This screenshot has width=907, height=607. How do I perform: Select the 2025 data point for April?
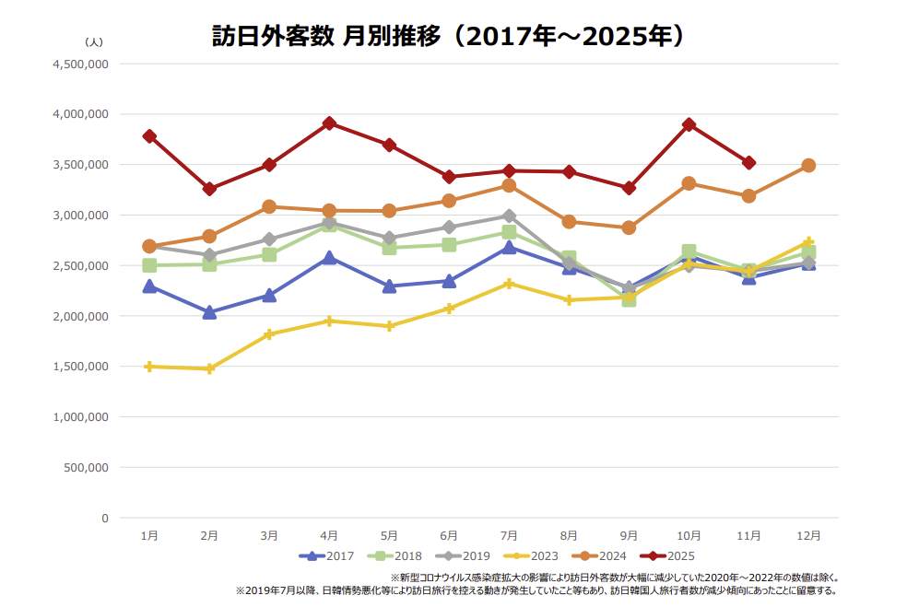coord(329,123)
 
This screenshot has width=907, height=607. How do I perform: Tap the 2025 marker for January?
coord(149,136)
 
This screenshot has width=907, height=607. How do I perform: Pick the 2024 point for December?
coord(808,166)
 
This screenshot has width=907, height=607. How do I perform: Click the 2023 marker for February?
coord(209,368)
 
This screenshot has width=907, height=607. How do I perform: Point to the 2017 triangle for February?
coord(209,312)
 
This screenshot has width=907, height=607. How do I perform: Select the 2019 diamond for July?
coord(509,216)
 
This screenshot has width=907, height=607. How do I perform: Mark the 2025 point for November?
coord(748,163)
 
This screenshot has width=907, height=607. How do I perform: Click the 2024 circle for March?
coord(269,206)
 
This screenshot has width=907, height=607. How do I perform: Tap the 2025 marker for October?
coord(689,124)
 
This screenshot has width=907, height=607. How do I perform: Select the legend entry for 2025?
coord(670,555)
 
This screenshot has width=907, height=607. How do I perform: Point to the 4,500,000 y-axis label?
coord(81,64)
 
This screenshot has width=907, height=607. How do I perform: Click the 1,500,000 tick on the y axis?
coord(81,367)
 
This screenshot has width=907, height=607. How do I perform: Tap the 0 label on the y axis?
coord(104,518)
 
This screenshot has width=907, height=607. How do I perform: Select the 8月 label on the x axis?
coord(569,535)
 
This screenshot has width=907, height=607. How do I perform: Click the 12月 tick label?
coord(808,535)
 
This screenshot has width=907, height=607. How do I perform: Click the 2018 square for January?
coord(149,265)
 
